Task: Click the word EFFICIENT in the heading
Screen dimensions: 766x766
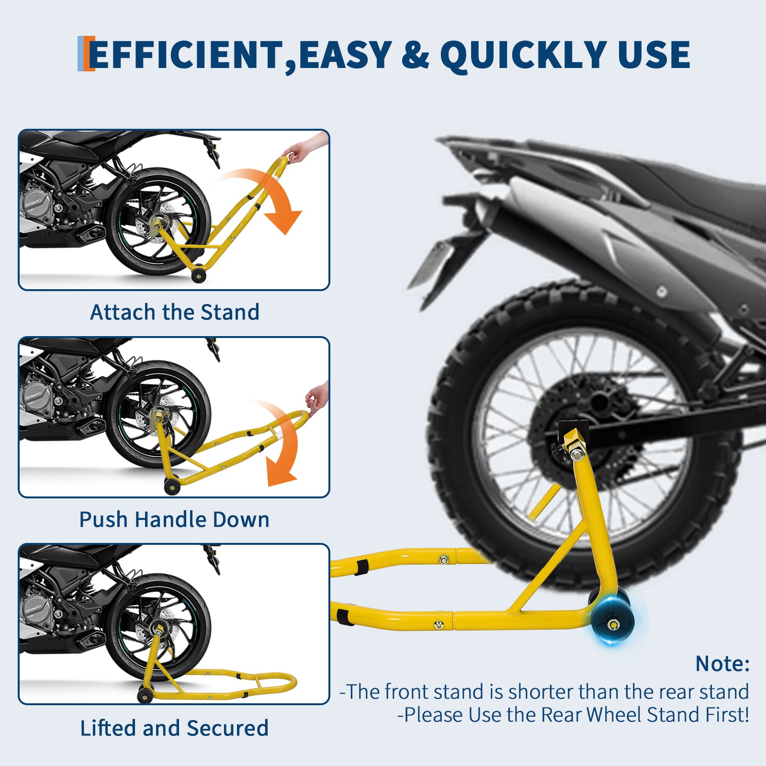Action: (186, 55)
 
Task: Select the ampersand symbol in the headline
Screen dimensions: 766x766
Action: (415, 55)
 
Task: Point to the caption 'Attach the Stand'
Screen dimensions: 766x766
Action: (175, 312)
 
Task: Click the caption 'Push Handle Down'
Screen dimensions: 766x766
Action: (174, 519)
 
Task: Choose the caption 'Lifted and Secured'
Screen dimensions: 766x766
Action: (174, 728)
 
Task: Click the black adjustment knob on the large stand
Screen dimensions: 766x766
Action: (559, 450)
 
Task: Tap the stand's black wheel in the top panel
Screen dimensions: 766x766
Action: (199, 275)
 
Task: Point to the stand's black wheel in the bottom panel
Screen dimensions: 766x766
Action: (145, 695)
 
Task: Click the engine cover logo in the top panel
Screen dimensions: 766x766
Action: (33, 200)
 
